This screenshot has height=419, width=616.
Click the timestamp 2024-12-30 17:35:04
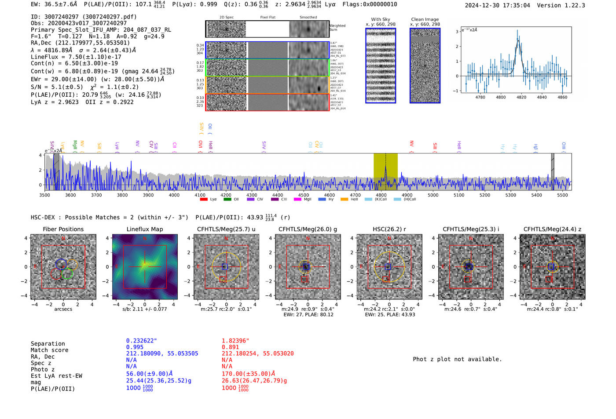tap(497, 5)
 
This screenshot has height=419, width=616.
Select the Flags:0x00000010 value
tap(370, 4)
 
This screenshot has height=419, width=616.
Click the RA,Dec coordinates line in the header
tap(80, 43)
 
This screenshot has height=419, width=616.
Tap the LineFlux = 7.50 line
tap(76, 57)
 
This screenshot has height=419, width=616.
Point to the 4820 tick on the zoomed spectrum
tap(521, 97)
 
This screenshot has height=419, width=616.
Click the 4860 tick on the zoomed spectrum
tap(562, 97)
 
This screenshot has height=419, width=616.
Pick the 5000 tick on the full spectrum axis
tap(433, 195)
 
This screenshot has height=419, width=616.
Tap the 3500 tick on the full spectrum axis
tap(44, 195)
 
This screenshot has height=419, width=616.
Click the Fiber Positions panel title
tap(63, 229)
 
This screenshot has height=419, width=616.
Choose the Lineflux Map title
tap(144, 229)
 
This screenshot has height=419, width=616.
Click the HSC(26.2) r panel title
tap(389, 229)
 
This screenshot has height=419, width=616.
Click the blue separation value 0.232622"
tap(141, 341)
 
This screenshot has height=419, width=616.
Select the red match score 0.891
tap(230, 347)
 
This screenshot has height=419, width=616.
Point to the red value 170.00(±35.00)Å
tap(248, 374)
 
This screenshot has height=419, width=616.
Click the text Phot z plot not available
tap(457, 359)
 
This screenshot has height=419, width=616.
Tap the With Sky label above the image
tap(381, 19)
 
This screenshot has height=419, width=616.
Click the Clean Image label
tap(425, 19)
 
